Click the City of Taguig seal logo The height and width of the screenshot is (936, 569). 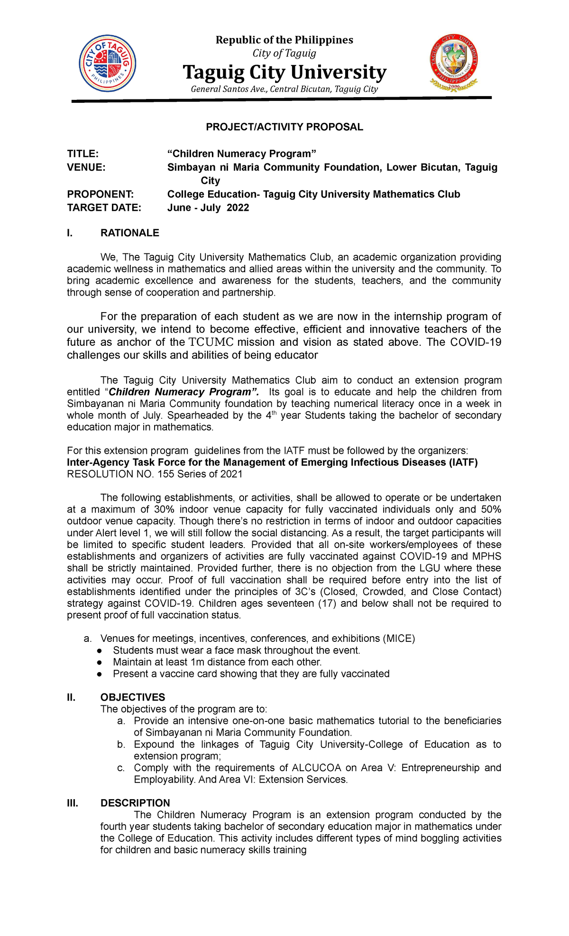[x=108, y=63]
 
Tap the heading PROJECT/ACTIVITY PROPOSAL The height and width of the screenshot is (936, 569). [x=284, y=127]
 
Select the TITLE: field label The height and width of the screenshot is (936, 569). [x=83, y=154]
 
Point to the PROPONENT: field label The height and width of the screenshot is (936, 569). [x=100, y=195]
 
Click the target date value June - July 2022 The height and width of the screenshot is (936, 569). [x=208, y=208]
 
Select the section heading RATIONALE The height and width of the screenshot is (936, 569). [x=129, y=233]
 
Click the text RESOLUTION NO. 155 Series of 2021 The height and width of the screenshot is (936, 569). [x=155, y=474]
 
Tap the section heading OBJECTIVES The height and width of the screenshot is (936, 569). [x=133, y=697]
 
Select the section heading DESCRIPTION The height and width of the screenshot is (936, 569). [x=135, y=803]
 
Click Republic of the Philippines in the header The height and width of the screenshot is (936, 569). [x=284, y=40]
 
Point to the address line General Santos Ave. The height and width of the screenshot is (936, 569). [x=284, y=89]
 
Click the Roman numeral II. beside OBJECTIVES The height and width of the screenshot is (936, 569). [x=72, y=697]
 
